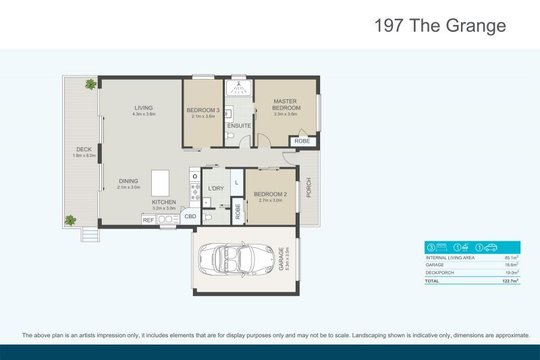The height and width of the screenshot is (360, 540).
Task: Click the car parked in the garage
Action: point(229,260)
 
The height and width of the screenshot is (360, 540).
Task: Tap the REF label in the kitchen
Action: point(148,220)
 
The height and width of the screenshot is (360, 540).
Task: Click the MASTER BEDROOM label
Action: point(286,105)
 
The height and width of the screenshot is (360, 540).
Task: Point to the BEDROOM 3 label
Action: point(203,110)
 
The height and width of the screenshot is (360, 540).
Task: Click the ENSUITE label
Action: point(239,126)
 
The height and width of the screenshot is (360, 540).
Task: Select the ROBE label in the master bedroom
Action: point(302,141)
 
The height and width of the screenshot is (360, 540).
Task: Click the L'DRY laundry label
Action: point(216,188)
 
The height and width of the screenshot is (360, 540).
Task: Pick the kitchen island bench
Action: point(161,182)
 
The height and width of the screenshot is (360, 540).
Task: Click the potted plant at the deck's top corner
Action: point(90,84)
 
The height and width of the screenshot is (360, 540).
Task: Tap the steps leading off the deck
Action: point(90,234)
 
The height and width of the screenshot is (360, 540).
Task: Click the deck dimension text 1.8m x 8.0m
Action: point(84,156)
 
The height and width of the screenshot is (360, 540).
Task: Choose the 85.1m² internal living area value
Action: point(511,257)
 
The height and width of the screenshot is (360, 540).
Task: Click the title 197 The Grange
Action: point(439,26)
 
